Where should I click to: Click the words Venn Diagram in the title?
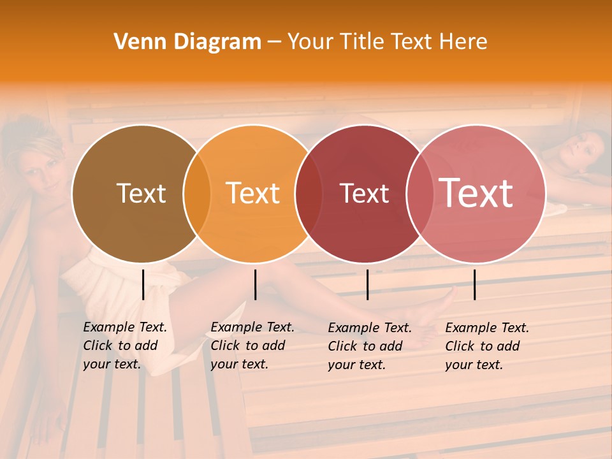[187, 42]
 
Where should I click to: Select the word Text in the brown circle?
[141, 193]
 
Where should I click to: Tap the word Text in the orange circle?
[253, 193]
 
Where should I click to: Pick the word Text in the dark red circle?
[364, 193]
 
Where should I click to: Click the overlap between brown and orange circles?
[197, 193]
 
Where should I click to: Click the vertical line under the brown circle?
[143, 284]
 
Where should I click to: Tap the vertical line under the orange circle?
[255, 284]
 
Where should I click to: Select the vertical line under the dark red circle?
[367, 284]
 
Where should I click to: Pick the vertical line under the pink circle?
[475, 284]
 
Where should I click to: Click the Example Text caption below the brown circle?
[124, 346]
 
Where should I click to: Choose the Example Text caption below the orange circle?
[252, 346]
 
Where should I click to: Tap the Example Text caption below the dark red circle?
[369, 346]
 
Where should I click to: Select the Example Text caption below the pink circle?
[486, 346]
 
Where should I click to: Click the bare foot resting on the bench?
[440, 306]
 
